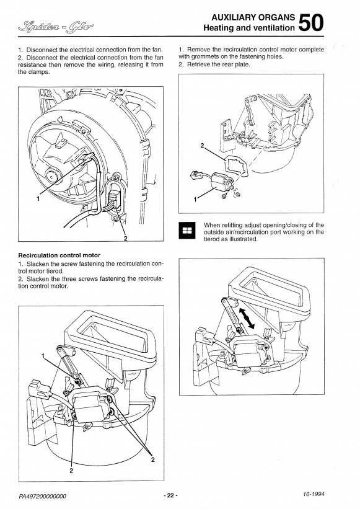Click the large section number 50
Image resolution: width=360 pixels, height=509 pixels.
coord(311,22)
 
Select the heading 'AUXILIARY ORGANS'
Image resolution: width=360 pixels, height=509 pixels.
coord(253,17)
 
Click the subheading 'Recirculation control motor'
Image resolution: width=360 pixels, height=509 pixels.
coord(59,255)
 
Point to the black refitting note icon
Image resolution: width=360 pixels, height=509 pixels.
coord(187,231)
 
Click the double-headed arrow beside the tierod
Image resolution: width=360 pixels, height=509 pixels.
coord(247,318)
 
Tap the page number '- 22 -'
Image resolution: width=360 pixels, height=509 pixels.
coord(171,495)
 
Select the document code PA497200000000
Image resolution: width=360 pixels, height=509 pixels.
coord(43,496)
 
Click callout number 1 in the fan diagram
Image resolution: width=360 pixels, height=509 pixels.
coord(38,198)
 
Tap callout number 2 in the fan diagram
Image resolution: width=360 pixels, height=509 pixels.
coord(126,239)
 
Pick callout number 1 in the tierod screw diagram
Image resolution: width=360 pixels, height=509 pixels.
coord(43,356)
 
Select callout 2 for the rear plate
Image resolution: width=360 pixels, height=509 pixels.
coord(203,145)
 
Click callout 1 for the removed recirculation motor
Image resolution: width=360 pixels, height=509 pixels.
coord(195,200)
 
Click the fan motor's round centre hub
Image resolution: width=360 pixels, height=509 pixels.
coord(52,176)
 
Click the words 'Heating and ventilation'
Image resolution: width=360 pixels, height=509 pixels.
coord(249,28)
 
